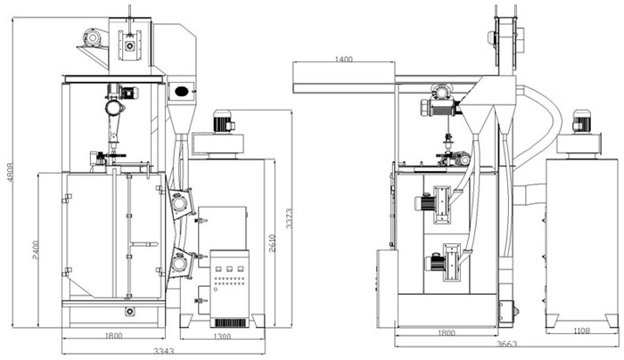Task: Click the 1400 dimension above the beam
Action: (344, 60)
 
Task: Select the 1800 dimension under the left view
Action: (114, 335)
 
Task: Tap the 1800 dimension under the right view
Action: (447, 332)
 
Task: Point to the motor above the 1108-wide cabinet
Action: (581, 122)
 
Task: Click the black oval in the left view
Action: (182, 90)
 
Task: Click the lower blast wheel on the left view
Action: (181, 262)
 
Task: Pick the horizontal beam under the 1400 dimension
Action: (344, 87)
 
